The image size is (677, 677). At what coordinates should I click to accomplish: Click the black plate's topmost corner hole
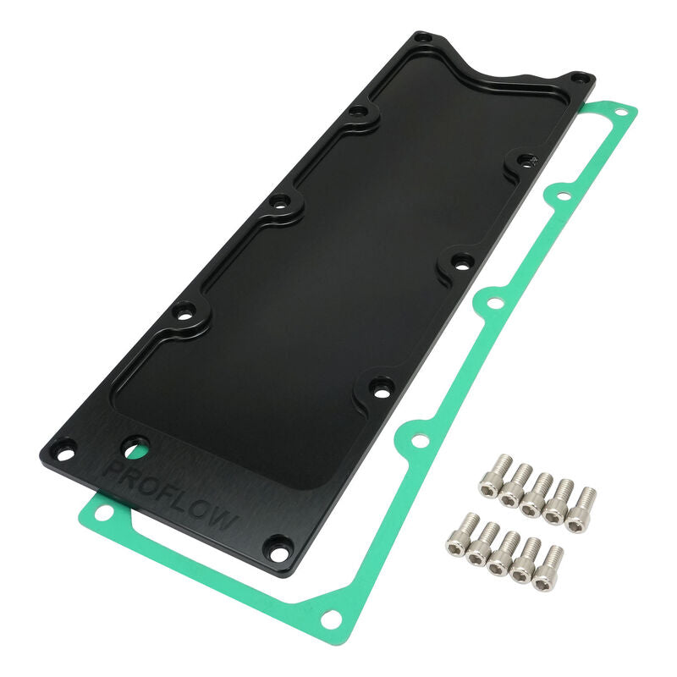(423, 38)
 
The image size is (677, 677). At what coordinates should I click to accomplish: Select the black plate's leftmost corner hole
(63, 447)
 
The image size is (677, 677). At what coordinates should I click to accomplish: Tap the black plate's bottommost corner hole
(277, 548)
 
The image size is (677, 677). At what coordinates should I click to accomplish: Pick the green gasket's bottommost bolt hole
(330, 619)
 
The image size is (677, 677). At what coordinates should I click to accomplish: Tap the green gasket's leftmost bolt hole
(100, 514)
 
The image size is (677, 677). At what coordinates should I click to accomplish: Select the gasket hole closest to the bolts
(416, 440)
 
